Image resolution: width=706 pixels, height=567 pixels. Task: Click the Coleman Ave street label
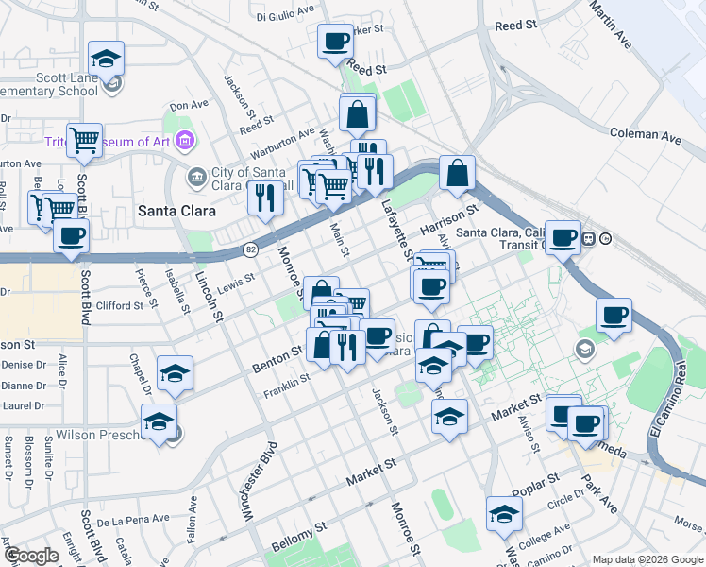(x=646, y=137)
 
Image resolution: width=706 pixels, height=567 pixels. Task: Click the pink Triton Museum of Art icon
(x=185, y=142)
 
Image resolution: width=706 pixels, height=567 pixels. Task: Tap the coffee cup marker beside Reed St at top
(x=336, y=43)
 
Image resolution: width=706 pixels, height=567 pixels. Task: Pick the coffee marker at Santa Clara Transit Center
(x=564, y=238)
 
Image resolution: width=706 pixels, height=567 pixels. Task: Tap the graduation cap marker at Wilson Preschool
(x=159, y=421)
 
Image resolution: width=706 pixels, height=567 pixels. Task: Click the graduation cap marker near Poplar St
(x=504, y=514)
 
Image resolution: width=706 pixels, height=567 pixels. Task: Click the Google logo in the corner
(x=31, y=556)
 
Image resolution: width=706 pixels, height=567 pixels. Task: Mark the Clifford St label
(x=119, y=304)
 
